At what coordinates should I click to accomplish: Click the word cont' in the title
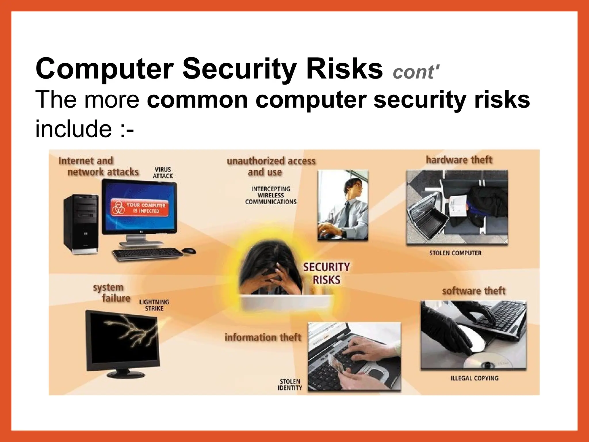click(x=416, y=72)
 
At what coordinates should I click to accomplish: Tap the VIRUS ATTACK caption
click(x=163, y=173)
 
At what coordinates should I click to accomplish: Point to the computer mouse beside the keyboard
click(x=189, y=251)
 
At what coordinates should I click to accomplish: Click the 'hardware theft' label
click(x=459, y=160)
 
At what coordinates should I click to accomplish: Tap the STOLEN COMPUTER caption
click(x=455, y=253)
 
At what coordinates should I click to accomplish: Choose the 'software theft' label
click(x=473, y=291)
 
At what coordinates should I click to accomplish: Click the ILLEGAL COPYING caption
click(x=474, y=378)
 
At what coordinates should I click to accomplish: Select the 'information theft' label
click(x=263, y=337)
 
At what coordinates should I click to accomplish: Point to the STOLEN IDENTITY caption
click(x=290, y=385)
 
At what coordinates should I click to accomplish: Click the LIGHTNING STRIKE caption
click(x=154, y=305)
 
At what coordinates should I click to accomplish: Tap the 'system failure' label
click(x=111, y=293)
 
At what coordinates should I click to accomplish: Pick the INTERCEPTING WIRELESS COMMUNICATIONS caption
click(x=271, y=195)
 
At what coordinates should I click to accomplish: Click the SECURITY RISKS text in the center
click(x=327, y=273)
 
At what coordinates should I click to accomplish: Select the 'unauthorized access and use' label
click(x=271, y=166)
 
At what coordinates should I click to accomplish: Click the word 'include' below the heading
click(x=73, y=129)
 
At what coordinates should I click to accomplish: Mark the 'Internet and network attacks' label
click(x=98, y=166)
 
